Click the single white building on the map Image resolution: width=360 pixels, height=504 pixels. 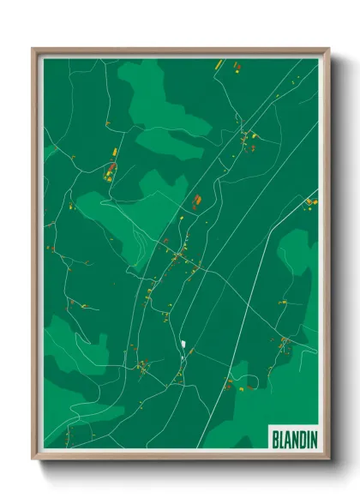coord(183,345)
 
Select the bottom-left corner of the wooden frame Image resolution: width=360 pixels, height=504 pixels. coord(33,459)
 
